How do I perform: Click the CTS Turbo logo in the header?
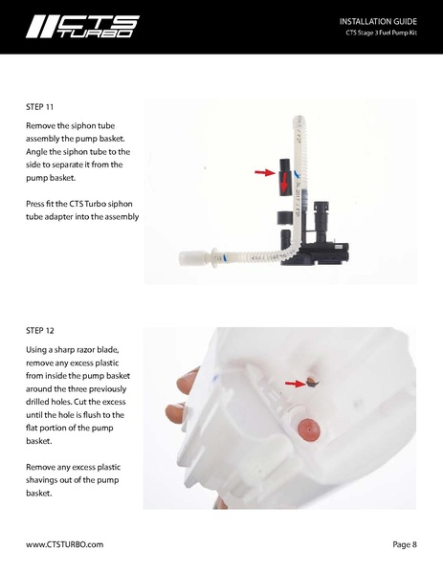82,26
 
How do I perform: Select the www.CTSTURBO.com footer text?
64,544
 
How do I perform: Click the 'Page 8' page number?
404,544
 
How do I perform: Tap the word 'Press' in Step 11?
37,204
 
